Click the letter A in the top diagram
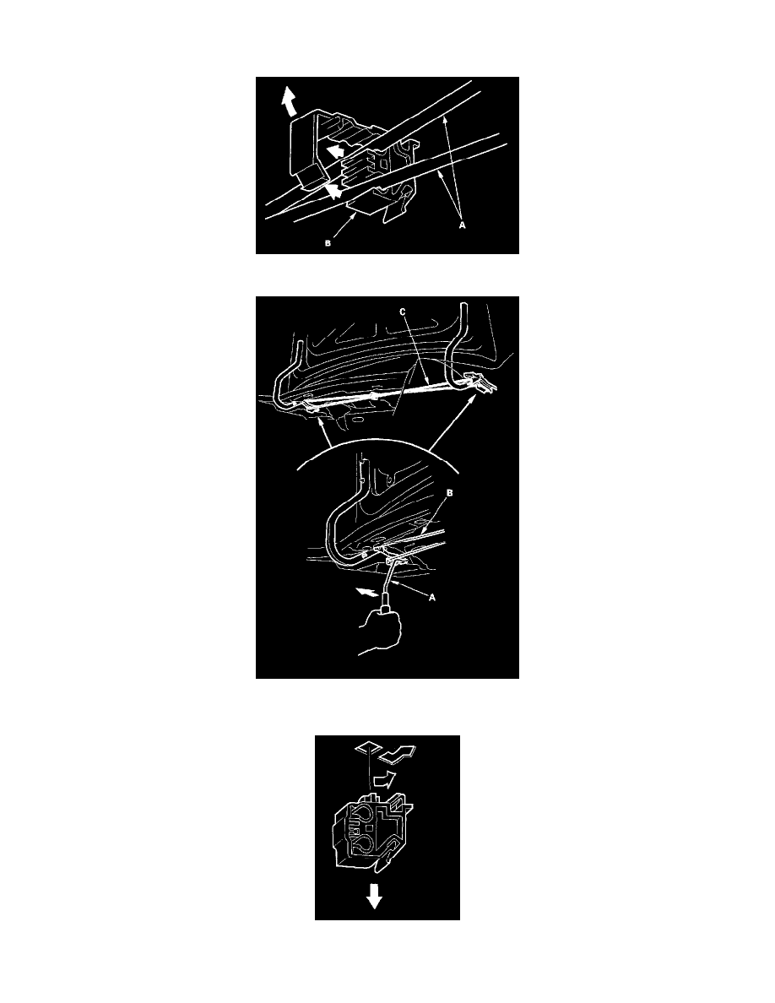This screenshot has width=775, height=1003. tap(463, 225)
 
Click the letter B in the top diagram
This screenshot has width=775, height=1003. tap(328, 243)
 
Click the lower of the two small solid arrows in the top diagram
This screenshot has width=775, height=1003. tap(333, 190)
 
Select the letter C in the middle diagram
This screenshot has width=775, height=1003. tap(402, 312)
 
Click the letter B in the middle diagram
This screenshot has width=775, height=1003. tap(449, 493)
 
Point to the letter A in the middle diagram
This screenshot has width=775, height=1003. tap(432, 598)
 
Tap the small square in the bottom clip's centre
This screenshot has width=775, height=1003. tap(359, 830)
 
